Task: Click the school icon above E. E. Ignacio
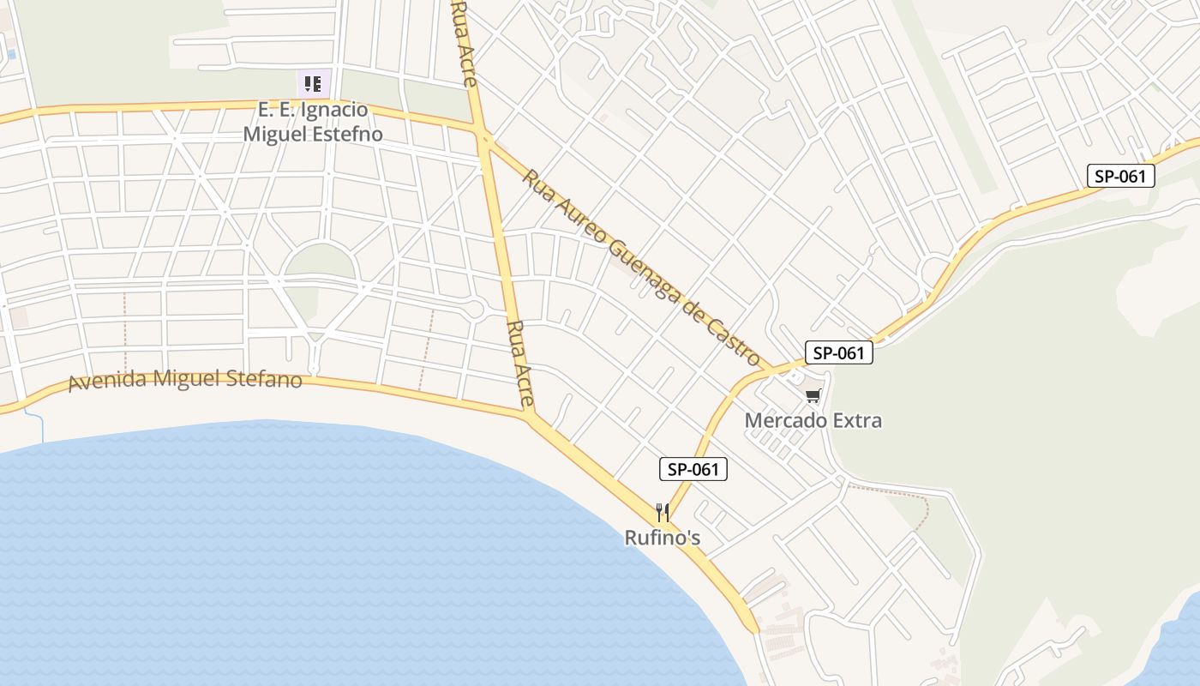pos(312,84)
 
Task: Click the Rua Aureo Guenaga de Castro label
pos(641,267)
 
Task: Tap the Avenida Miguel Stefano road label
pos(185,379)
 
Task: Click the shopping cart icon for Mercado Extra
pos(813,396)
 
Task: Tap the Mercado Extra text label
pos(813,420)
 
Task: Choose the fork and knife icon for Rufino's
pos(662,513)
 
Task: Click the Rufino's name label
pos(662,538)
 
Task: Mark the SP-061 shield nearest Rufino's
pos(693,469)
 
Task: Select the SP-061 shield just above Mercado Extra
pos(838,352)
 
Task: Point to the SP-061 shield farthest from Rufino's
pos(1121,177)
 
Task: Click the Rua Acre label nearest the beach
pos(520,364)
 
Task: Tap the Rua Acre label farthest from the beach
pos(464,43)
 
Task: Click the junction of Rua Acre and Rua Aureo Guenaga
pos(483,137)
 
